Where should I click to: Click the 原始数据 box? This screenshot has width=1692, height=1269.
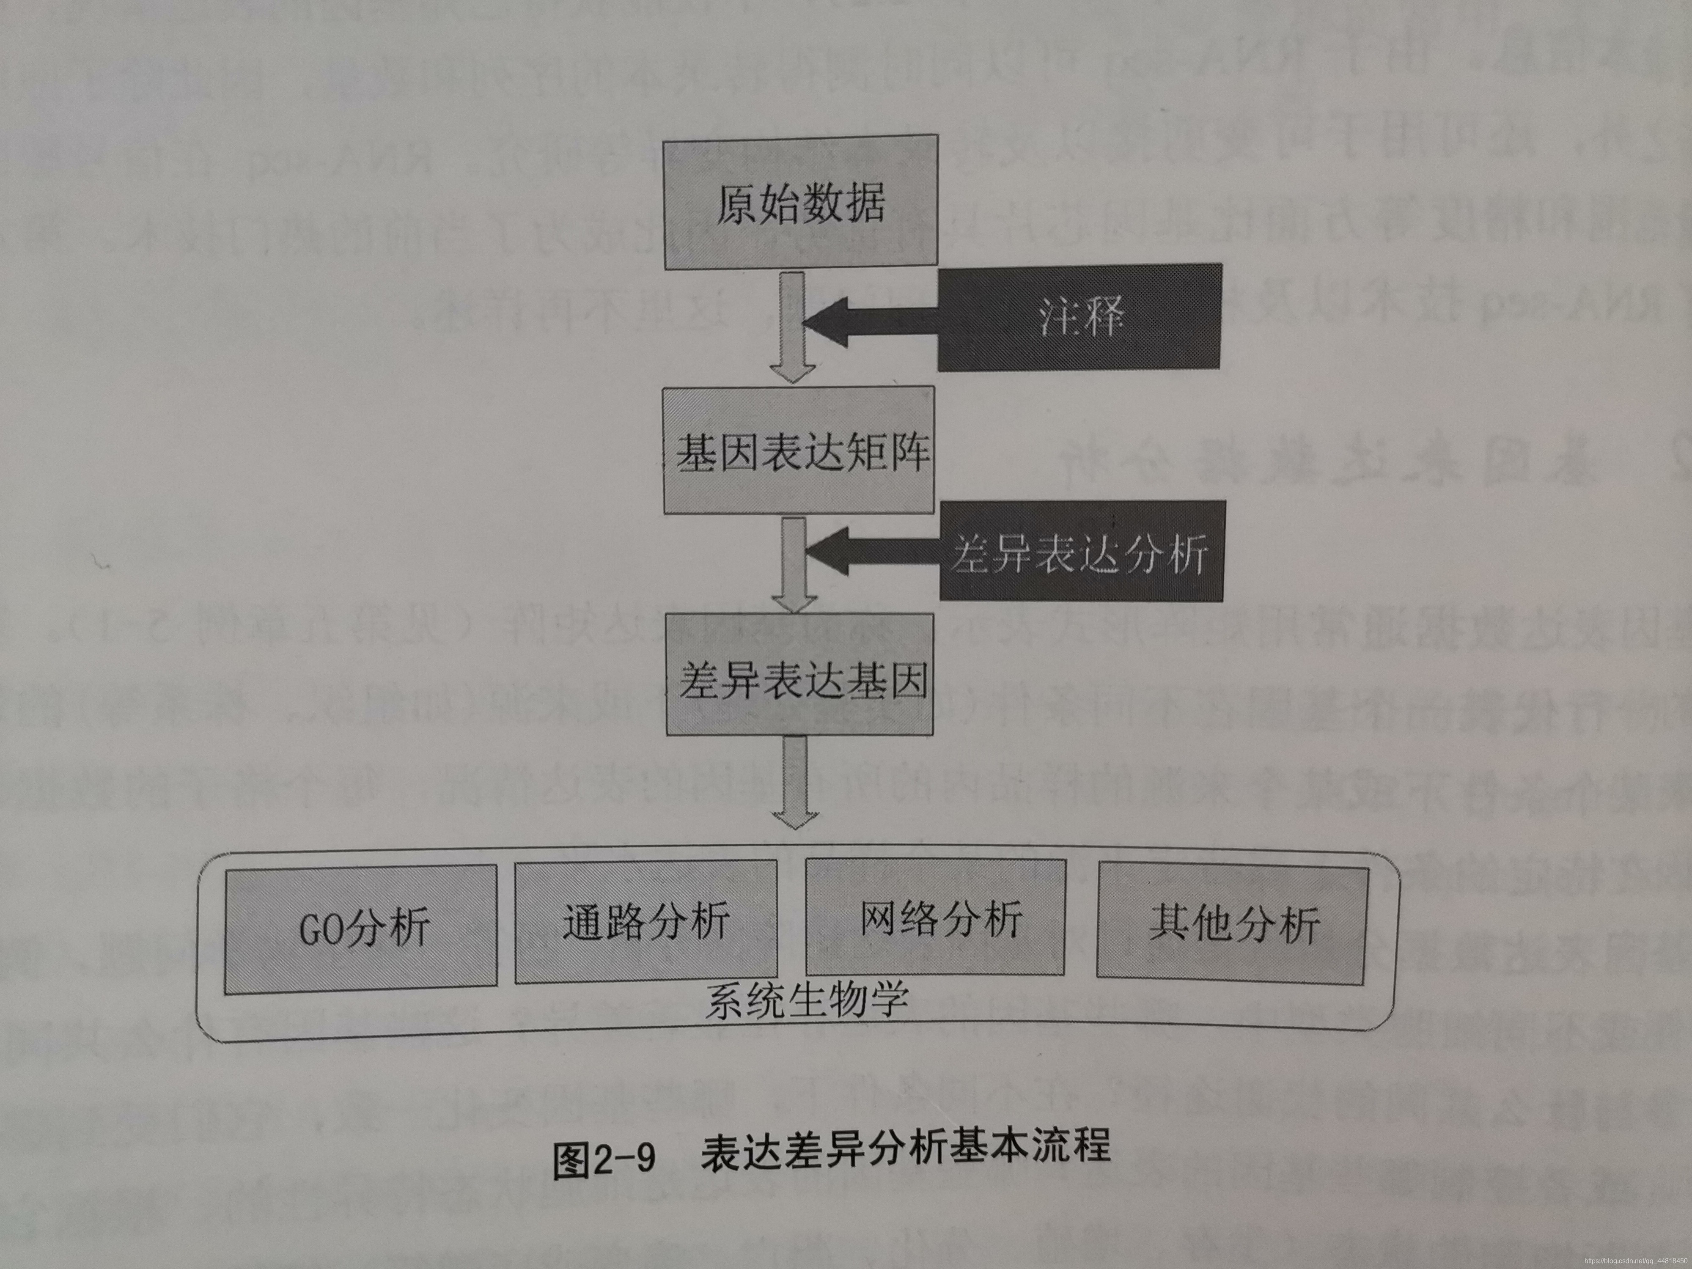click(x=800, y=203)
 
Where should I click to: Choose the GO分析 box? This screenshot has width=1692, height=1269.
click(x=361, y=929)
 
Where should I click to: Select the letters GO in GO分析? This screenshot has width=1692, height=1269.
click(x=321, y=931)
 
